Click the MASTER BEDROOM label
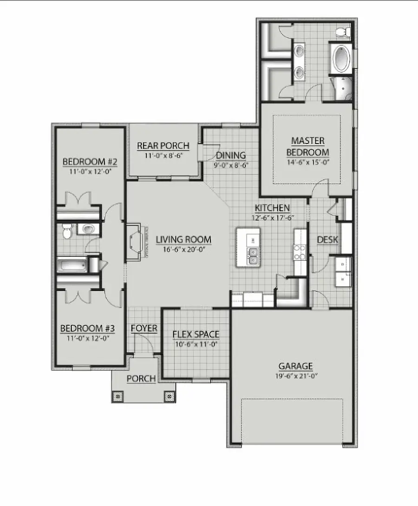click(x=307, y=146)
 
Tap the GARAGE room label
click(x=295, y=366)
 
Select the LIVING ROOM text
click(x=183, y=240)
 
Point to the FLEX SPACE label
click(x=196, y=334)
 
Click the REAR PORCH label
click(x=163, y=146)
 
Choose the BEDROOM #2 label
click(x=90, y=162)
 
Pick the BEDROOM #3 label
click(x=88, y=329)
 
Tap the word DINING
click(x=231, y=156)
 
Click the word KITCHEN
click(x=272, y=208)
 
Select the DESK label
click(x=327, y=240)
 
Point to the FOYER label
click(x=144, y=329)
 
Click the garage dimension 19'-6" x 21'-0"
click(x=295, y=375)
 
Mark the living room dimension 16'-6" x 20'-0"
click(x=183, y=250)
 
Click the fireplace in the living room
click(x=137, y=242)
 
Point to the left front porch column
click(x=118, y=396)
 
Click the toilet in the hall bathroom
click(x=67, y=230)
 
